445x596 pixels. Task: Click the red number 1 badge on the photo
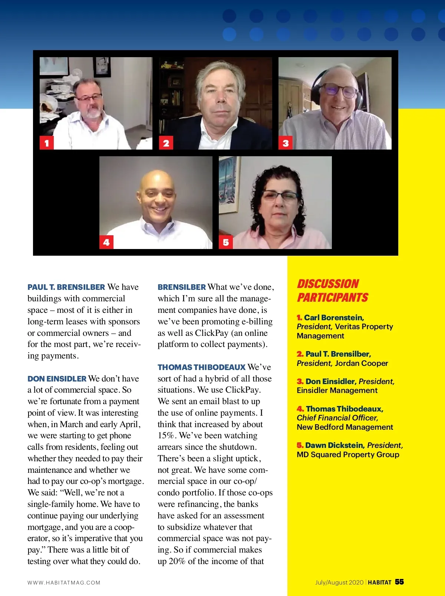[47, 143]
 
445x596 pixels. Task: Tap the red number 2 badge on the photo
[166, 143]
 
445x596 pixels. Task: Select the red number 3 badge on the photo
[286, 143]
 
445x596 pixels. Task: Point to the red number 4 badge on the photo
[106, 242]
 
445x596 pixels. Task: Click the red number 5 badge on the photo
[226, 242]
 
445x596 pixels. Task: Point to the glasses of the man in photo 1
[89, 98]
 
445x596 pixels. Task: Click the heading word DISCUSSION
[328, 284]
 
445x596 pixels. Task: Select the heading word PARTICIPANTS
[333, 298]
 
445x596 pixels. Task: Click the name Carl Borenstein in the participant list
[334, 318]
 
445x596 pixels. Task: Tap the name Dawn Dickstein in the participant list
[334, 445]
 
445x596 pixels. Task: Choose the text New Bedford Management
[345, 427]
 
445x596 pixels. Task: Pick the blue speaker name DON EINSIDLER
[57, 379]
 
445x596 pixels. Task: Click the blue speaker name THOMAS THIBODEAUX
[201, 367]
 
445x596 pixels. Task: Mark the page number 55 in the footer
[399, 582]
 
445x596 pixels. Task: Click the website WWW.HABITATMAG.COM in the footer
[64, 583]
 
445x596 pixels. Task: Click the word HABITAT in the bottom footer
[380, 582]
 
